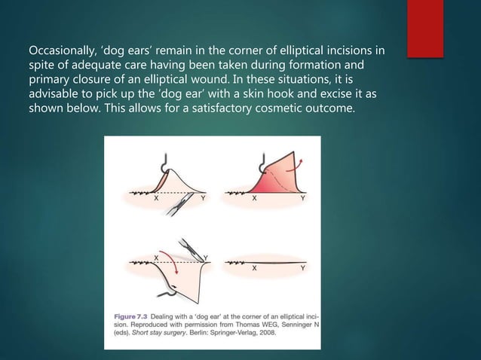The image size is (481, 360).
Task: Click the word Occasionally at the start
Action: tap(62, 51)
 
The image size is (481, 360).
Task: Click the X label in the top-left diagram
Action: tap(155, 200)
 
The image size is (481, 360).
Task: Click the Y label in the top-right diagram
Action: tap(303, 200)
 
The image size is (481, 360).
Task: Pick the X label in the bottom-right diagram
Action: tap(254, 267)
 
